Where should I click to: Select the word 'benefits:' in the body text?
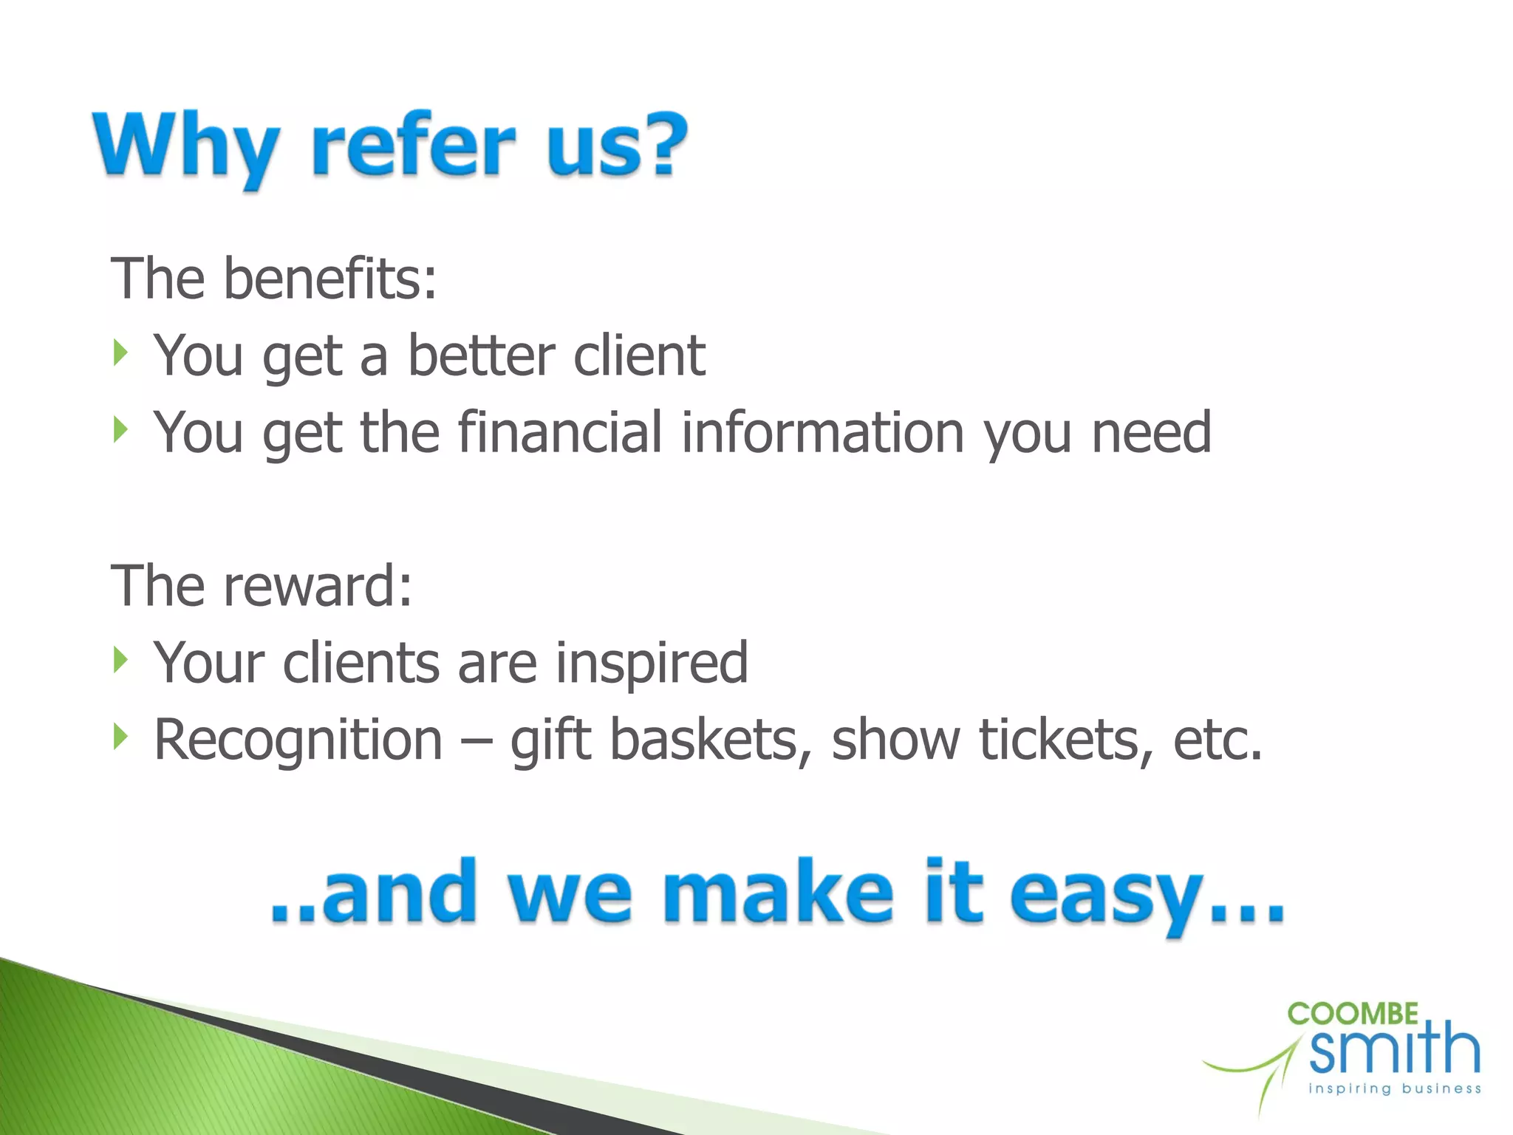coord(330,279)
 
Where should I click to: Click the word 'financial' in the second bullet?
coord(559,432)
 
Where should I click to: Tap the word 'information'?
coord(822,432)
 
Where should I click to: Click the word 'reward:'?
coord(318,586)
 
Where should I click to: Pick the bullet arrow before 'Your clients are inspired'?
coord(121,659)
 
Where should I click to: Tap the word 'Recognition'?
coord(298,740)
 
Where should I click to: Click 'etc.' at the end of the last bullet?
coord(1217,740)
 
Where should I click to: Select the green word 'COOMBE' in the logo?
coord(1352,1015)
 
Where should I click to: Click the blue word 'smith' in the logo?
coord(1395,1049)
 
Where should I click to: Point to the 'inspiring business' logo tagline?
coord(1395,1088)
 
